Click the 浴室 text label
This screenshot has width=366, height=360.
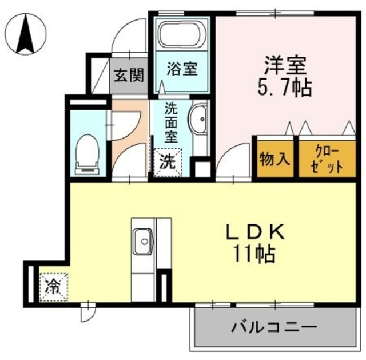click(182, 70)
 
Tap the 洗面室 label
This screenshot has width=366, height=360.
click(170, 122)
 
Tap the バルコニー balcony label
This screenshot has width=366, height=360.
click(274, 329)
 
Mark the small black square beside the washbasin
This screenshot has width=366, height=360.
click(201, 170)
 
